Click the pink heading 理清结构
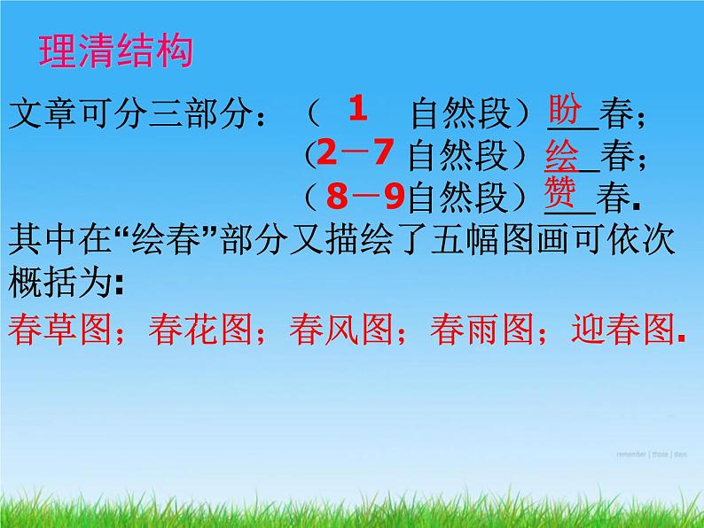[x=115, y=51]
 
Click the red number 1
[x=357, y=109]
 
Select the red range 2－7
[x=355, y=154]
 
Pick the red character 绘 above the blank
[x=562, y=153]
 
